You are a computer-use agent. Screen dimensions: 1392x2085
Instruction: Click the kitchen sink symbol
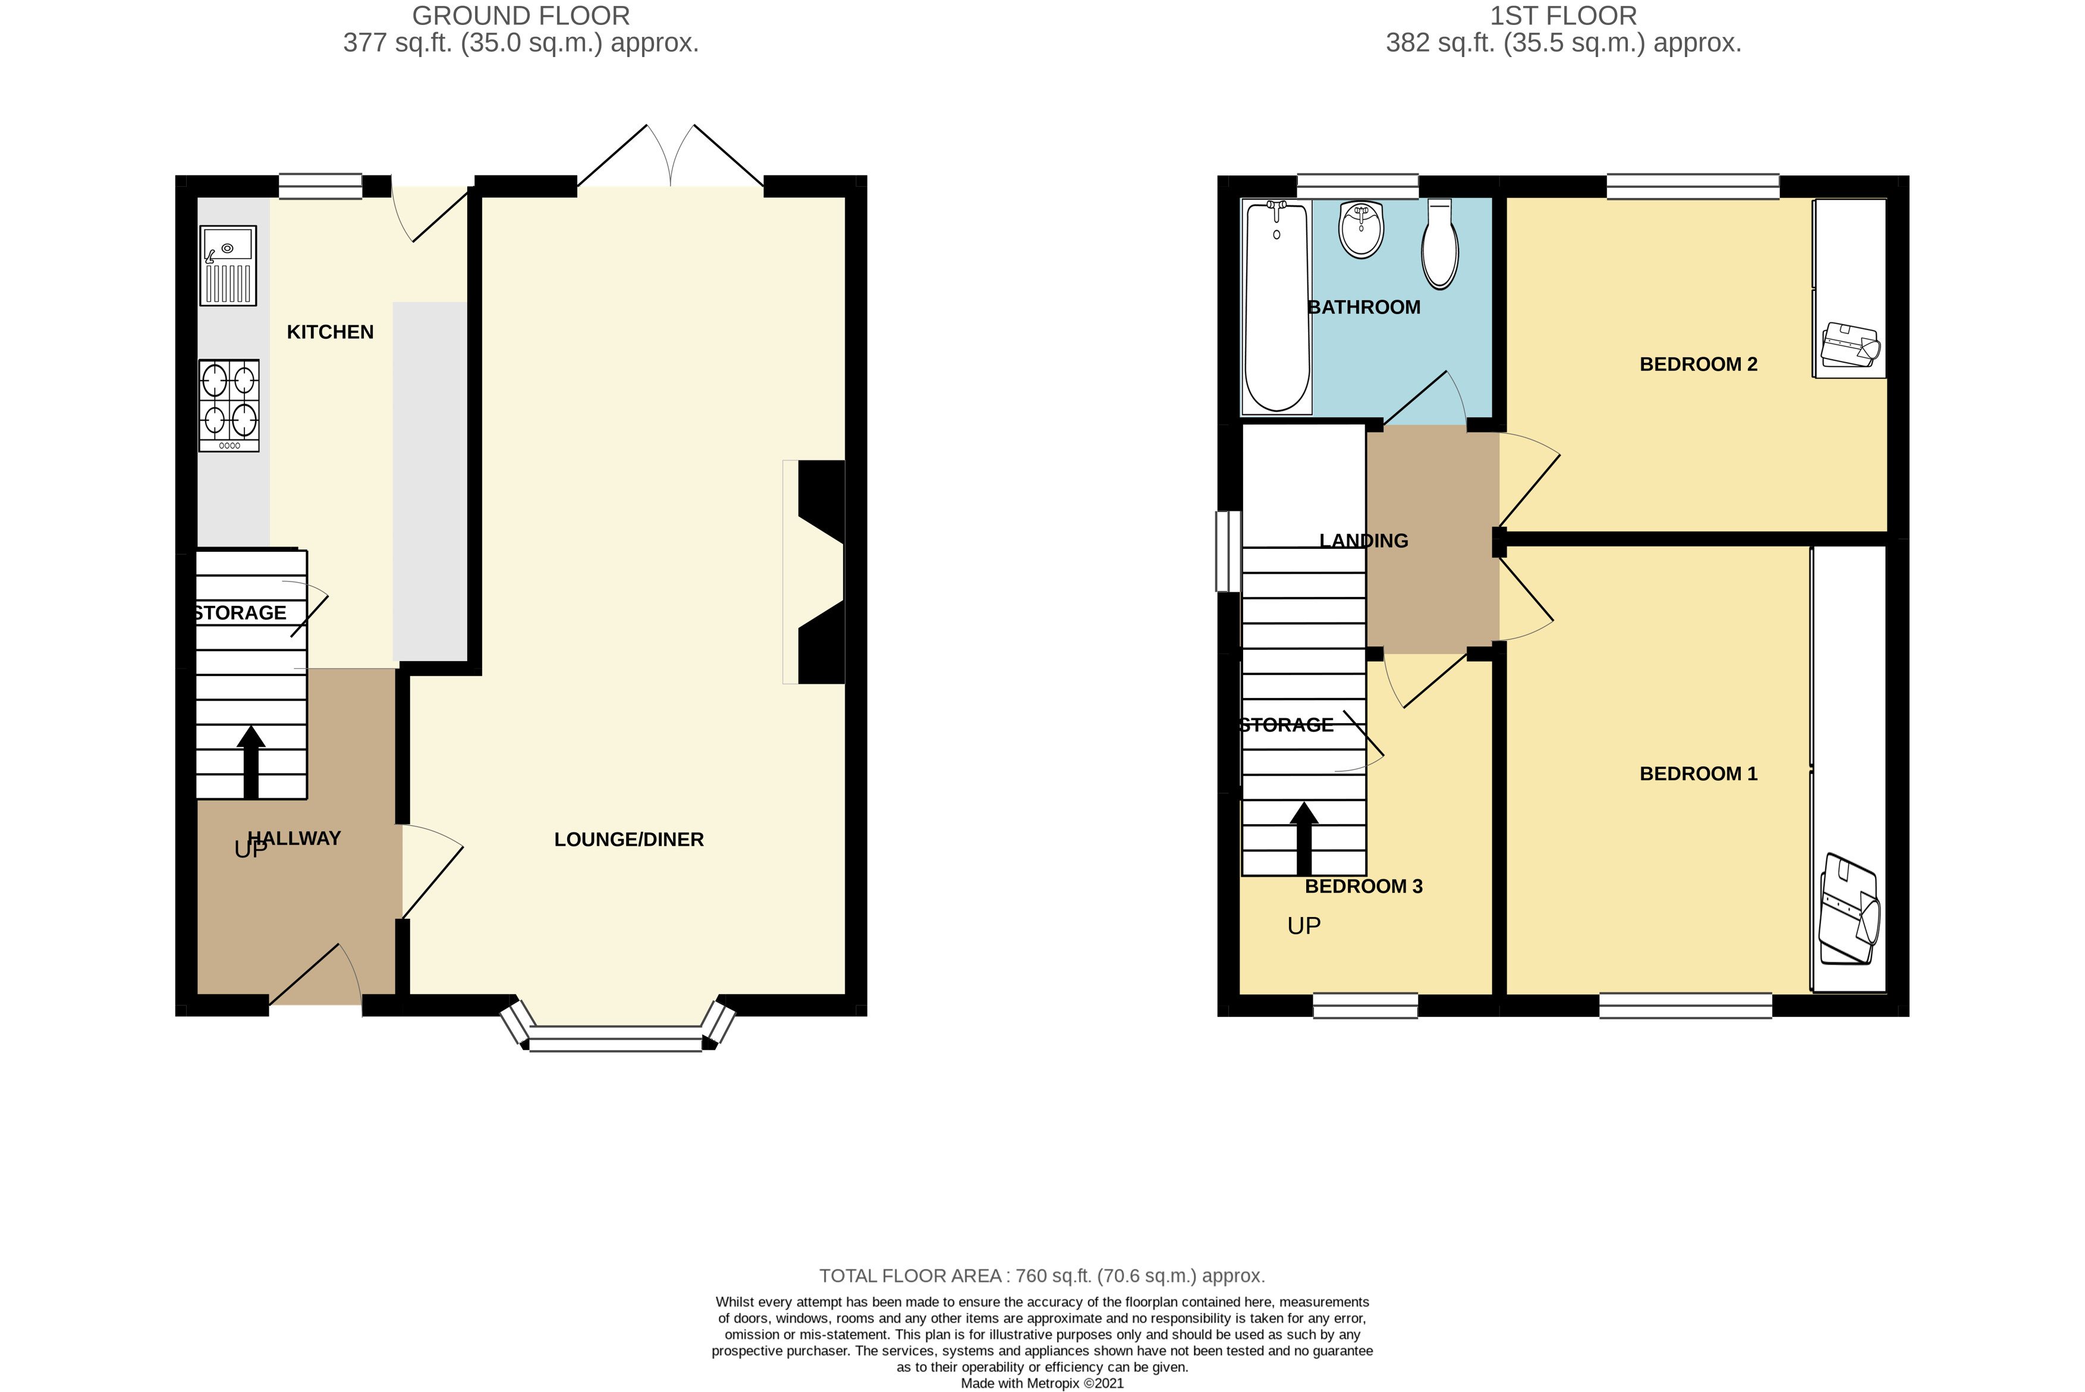228,265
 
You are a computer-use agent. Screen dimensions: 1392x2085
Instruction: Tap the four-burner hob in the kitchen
229,406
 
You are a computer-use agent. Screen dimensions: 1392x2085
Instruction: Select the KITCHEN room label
330,332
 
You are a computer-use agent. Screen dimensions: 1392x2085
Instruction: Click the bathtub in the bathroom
1277,306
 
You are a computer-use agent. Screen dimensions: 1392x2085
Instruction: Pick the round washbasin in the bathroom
1361,229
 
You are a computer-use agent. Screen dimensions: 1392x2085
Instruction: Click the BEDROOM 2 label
1698,364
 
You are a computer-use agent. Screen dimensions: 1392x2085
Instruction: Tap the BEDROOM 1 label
1698,773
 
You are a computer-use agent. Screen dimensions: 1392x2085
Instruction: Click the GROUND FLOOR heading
521,16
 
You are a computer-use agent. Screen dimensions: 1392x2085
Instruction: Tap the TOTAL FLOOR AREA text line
1042,1275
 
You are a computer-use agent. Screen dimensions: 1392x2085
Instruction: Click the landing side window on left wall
1228,551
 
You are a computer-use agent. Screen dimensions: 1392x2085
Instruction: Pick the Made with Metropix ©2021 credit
1042,1383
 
